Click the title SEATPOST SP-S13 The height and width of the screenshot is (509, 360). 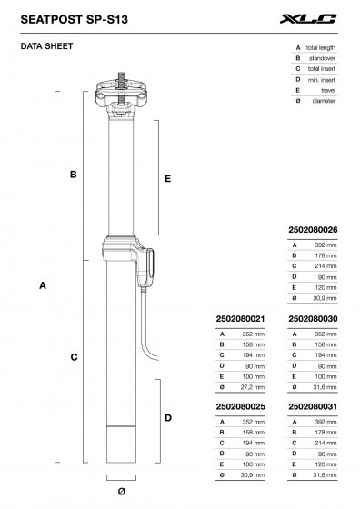pyautogui.click(x=75, y=17)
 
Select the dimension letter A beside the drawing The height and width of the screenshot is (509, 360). pyautogui.click(x=43, y=285)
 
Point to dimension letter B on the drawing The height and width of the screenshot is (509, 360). pyautogui.click(x=73, y=174)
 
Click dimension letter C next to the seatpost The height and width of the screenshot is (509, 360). pyautogui.click(x=73, y=357)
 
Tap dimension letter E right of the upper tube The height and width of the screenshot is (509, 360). pyautogui.click(x=168, y=180)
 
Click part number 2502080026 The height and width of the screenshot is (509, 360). pyautogui.click(x=313, y=230)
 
